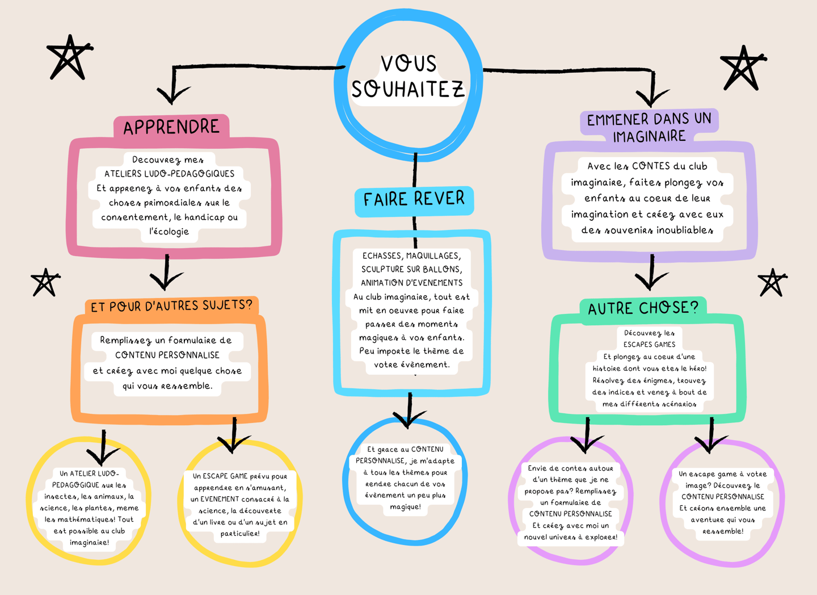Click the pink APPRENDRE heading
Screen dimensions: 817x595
pyautogui.click(x=171, y=127)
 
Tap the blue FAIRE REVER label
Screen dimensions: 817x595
pyautogui.click(x=414, y=199)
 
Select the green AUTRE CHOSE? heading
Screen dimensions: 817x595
pyautogui.click(x=643, y=308)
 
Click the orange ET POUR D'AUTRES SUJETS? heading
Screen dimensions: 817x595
pyautogui.click(x=171, y=306)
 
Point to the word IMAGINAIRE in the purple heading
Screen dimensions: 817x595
pyautogui.click(x=649, y=136)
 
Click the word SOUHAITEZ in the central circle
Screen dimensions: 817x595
pyautogui.click(x=408, y=90)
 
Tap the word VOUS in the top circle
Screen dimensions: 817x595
pyautogui.click(x=408, y=64)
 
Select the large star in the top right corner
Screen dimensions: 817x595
pyautogui.click(x=743, y=68)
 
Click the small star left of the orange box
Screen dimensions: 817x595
pyautogui.click(x=45, y=282)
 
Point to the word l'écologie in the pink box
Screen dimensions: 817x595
pyautogui.click(x=169, y=232)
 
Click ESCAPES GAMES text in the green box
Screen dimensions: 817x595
pyautogui.click(x=649, y=344)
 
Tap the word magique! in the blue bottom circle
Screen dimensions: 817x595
pyautogui.click(x=405, y=506)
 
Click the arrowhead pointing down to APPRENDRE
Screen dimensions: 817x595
pyautogui.click(x=172, y=95)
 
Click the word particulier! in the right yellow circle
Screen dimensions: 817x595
pyautogui.click(x=240, y=534)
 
